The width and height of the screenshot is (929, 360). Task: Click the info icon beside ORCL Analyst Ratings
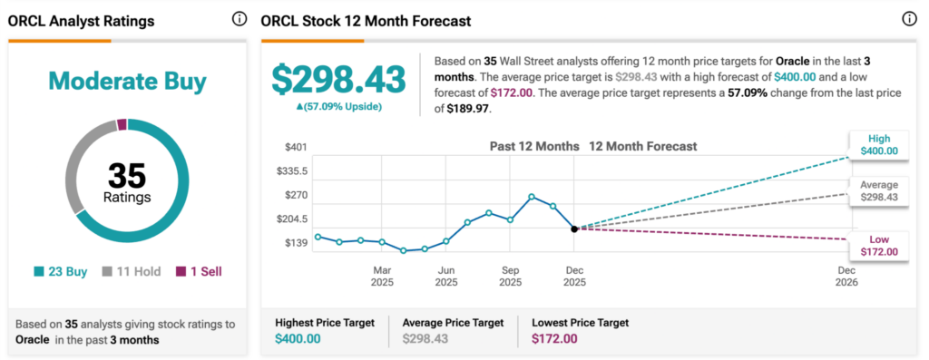(240, 19)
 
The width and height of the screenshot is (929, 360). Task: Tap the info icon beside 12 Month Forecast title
(909, 19)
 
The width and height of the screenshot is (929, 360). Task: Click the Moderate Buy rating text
(127, 82)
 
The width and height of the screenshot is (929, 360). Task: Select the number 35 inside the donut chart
(127, 175)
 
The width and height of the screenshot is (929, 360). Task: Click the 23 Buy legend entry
(61, 271)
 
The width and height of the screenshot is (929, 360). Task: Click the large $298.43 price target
(339, 79)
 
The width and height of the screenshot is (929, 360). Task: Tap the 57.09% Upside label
(339, 106)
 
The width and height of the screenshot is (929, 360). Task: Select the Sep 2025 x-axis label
(510, 277)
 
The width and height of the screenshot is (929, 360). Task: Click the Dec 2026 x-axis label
(846, 277)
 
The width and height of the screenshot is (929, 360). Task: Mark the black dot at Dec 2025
(574, 229)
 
